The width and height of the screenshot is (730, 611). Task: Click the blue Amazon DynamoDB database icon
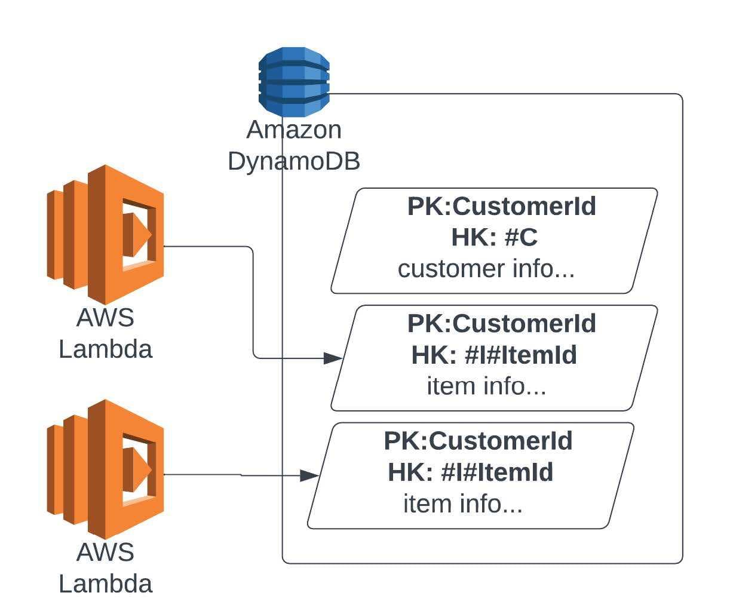coord(294,82)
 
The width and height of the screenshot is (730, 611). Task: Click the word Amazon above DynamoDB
coord(294,130)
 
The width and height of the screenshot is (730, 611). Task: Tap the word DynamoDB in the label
coord(294,161)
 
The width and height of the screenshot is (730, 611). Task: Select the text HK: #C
coord(494,238)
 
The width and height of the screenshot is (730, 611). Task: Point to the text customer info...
coord(486,269)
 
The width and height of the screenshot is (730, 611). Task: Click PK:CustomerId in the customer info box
coord(501,207)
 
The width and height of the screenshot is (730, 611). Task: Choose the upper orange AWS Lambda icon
coord(106,234)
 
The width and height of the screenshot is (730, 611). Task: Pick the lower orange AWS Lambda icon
coord(106,469)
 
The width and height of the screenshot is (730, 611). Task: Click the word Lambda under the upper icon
coord(106,349)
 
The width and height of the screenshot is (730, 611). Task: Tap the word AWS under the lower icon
coord(105,552)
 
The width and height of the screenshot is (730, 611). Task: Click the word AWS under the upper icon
coord(105,318)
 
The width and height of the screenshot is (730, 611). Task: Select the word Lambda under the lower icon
coord(106,584)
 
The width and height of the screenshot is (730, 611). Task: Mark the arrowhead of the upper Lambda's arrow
coord(332,358)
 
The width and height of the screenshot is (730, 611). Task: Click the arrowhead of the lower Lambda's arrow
coord(309,475)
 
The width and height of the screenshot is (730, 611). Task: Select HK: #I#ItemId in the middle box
coord(494,355)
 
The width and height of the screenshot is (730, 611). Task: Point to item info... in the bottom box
coord(463,503)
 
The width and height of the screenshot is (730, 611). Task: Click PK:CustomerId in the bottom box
coord(478,441)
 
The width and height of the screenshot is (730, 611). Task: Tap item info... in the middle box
coord(486,386)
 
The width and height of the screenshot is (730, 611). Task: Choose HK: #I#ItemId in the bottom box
coord(471,472)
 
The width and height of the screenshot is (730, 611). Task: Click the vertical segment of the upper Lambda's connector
coord(253,302)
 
